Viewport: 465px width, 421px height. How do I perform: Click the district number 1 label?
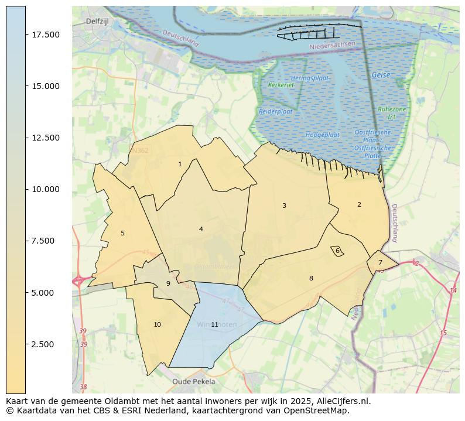click(x=180, y=165)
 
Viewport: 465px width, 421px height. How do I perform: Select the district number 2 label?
click(x=359, y=204)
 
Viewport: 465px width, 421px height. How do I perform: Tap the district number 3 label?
click(x=284, y=206)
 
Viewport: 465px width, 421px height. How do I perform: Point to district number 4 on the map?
click(x=201, y=229)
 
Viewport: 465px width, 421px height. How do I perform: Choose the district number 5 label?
click(x=122, y=233)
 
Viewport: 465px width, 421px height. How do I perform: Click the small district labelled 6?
click(x=337, y=251)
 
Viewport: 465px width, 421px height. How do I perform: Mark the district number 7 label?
click(x=380, y=262)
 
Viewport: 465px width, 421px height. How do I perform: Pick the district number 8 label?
click(x=311, y=278)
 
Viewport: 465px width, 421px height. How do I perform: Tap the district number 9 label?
click(x=168, y=283)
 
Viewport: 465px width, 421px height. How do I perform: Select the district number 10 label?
click(x=157, y=324)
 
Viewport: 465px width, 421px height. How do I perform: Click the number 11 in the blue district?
click(x=215, y=324)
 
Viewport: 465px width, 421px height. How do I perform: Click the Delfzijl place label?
click(x=97, y=21)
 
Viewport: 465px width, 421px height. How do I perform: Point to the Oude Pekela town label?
click(x=193, y=381)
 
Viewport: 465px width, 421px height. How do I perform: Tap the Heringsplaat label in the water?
click(x=310, y=78)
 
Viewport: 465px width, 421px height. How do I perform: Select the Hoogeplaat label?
click(x=322, y=135)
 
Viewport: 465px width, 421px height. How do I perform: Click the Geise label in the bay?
click(x=380, y=75)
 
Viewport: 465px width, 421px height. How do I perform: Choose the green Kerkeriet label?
click(x=281, y=85)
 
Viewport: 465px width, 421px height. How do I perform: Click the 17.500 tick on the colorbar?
click(x=45, y=35)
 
